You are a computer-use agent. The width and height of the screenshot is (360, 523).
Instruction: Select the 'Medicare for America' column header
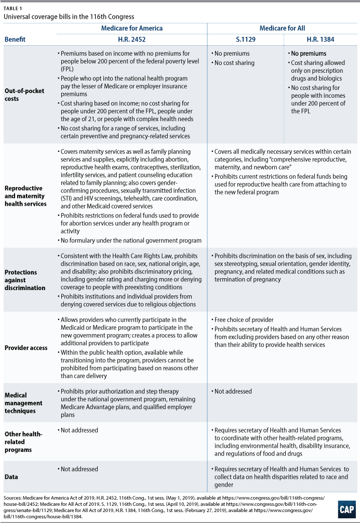(x=132, y=28)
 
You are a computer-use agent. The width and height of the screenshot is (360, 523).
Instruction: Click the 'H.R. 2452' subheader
(x=132, y=39)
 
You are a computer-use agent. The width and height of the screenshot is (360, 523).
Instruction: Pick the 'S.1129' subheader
(x=246, y=39)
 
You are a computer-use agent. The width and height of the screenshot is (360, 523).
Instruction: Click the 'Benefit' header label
(x=15, y=39)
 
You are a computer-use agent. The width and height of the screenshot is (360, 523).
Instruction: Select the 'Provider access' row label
(x=25, y=348)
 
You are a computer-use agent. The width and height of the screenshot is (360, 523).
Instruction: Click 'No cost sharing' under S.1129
(x=235, y=63)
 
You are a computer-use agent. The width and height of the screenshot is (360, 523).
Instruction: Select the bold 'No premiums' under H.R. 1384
(x=309, y=54)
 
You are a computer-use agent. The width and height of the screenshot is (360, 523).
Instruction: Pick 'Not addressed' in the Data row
(x=79, y=469)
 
